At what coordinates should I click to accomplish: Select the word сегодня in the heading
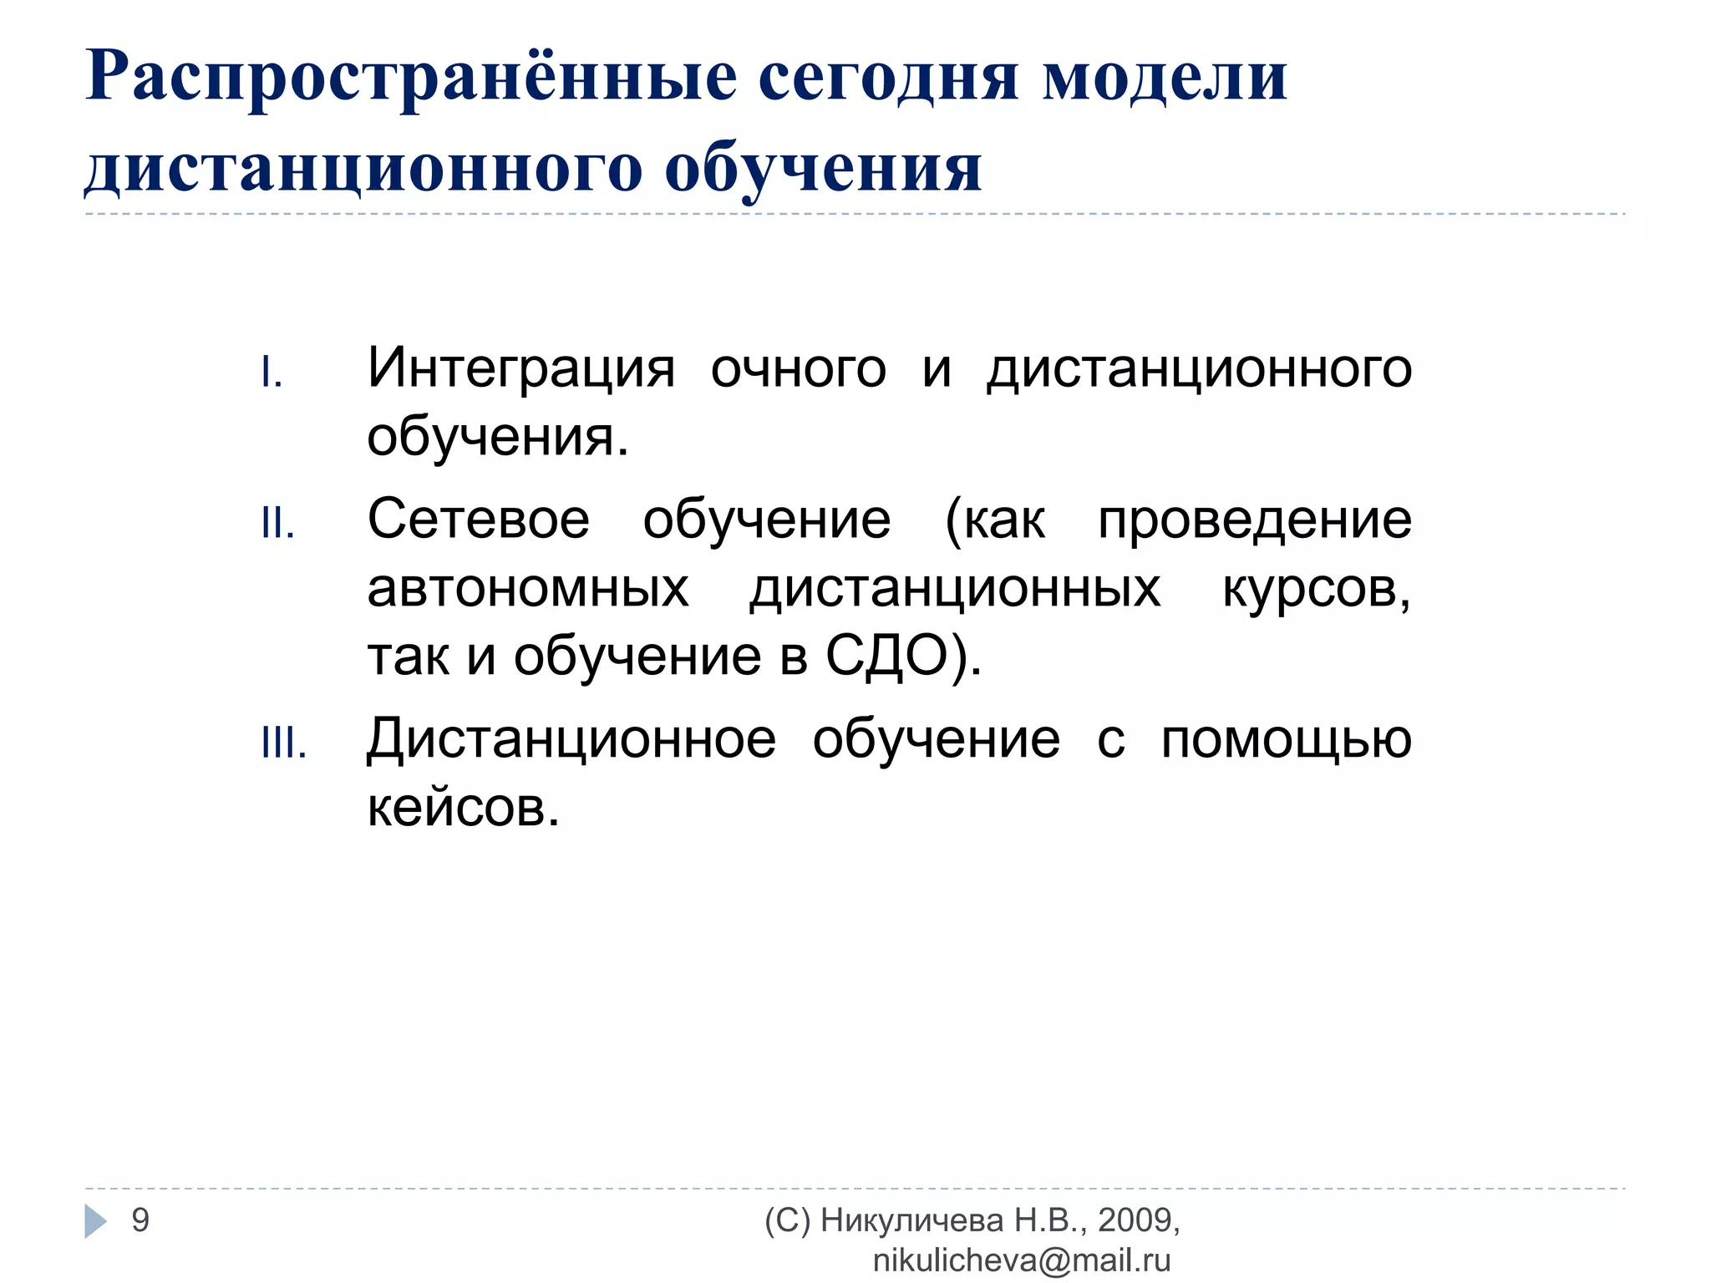tap(888, 78)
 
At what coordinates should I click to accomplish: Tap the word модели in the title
tap(1165, 78)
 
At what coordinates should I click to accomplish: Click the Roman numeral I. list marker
tap(272, 373)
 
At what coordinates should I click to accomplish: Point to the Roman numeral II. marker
tap(277, 524)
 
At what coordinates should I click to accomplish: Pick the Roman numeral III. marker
tap(284, 743)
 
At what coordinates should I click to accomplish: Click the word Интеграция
tap(520, 369)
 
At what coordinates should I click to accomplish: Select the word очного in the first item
tap(798, 369)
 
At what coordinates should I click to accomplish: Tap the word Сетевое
tap(478, 520)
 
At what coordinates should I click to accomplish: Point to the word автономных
tap(528, 588)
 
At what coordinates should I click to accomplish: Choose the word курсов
tap(1315, 588)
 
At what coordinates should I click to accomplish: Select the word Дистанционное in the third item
tap(571, 740)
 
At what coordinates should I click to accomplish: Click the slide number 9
tap(140, 1220)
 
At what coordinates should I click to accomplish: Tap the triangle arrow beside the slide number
tap(95, 1221)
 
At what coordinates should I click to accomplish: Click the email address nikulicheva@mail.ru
tap(1021, 1260)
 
